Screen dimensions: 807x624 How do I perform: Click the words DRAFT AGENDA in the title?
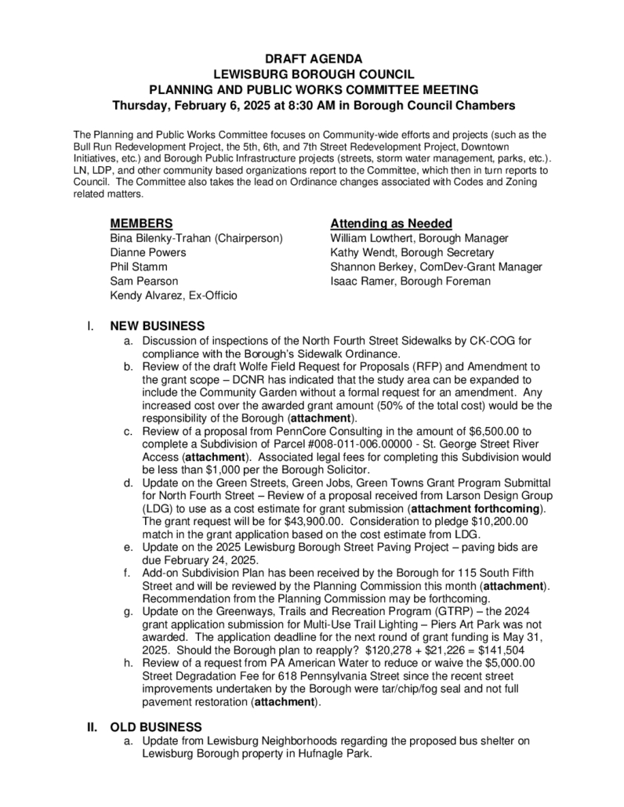coord(312,59)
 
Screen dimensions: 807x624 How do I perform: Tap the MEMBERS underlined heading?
coord(141,223)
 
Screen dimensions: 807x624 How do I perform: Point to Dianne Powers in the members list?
coord(148,252)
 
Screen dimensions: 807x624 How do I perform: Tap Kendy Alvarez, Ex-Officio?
coord(174,295)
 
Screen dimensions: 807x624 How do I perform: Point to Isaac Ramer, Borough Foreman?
coord(410,280)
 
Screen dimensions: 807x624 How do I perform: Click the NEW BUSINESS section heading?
coord(157,326)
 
